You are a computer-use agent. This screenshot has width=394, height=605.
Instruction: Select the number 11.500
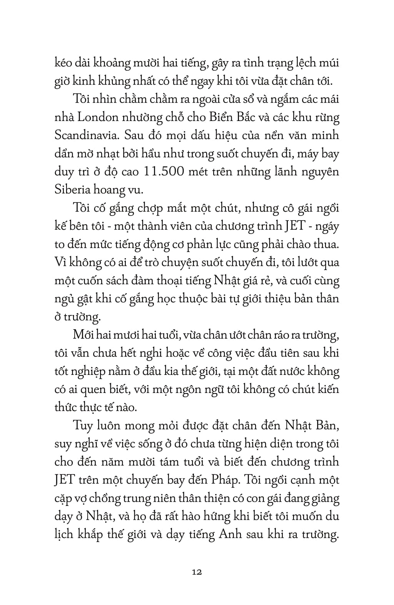(164, 171)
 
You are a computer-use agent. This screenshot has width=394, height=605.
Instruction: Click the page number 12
(197, 572)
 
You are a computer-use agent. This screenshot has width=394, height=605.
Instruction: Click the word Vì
(60, 262)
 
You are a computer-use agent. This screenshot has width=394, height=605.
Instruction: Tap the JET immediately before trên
(64, 480)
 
